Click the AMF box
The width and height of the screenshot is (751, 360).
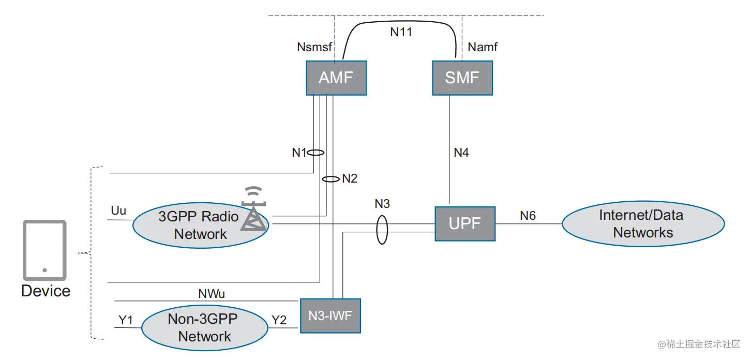[336, 78]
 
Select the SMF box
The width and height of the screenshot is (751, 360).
[462, 78]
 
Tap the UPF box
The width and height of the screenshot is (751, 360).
[464, 224]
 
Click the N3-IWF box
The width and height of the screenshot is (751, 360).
[330, 315]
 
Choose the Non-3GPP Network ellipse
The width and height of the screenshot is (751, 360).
[205, 328]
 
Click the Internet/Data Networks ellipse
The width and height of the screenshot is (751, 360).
[643, 224]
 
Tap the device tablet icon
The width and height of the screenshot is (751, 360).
[44, 250]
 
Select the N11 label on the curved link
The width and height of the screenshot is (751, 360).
[401, 32]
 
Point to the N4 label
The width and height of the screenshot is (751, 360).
[461, 153]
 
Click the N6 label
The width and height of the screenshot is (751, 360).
[528, 215]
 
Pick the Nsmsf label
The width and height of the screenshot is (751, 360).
[313, 47]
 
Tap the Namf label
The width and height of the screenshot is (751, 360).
[483, 47]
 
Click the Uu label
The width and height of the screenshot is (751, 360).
[118, 211]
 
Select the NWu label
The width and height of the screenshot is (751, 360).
[212, 294]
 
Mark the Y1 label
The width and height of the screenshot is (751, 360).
[126, 320]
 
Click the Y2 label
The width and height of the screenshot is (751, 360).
[279, 320]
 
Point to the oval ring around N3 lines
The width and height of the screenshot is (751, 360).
[382, 230]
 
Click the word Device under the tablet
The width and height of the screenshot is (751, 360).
[46, 291]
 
